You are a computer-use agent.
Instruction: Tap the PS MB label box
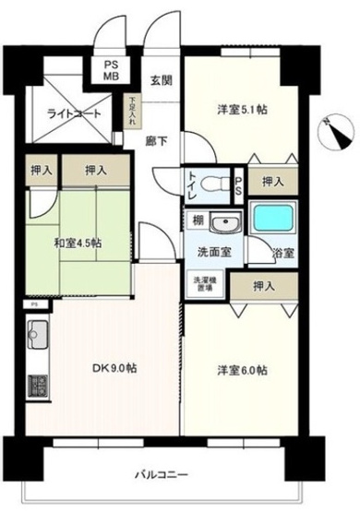coord(111,70)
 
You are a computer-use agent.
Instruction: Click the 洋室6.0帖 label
coord(243,370)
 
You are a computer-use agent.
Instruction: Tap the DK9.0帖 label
coord(114,367)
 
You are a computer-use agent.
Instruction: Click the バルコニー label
coord(162,474)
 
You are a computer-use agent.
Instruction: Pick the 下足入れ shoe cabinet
coord(133,113)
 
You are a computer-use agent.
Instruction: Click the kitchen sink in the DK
coord(38,334)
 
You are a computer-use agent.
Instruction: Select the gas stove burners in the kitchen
coord(38,385)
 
